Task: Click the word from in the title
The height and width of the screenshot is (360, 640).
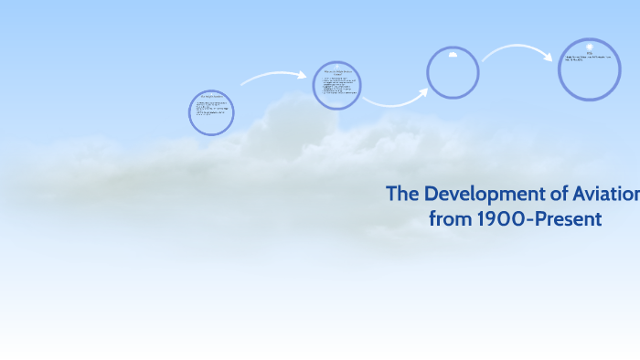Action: click(448, 219)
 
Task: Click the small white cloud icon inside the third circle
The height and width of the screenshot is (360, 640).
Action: click(453, 55)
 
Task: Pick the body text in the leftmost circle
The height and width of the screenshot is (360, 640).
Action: click(211, 115)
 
